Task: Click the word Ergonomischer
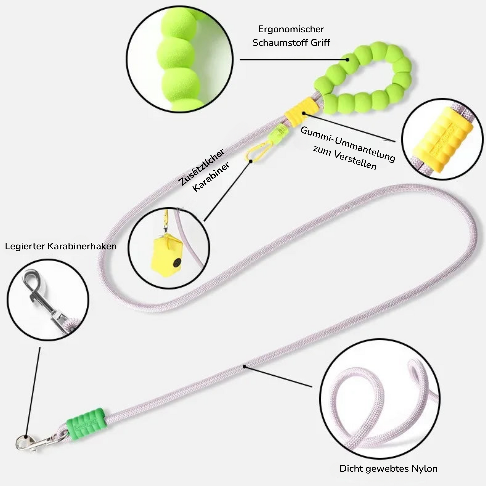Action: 291,29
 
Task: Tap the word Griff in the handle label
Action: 320,43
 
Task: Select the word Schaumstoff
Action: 280,43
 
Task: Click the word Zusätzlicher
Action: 202,167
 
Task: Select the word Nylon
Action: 424,468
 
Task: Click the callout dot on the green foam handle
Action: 347,60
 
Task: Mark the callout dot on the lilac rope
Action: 244,367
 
